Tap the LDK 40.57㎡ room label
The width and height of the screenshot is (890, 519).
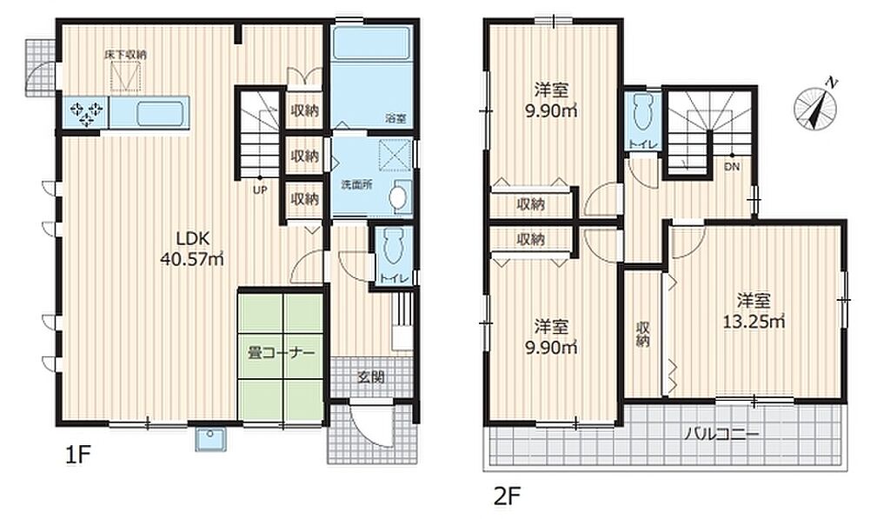click(192, 249)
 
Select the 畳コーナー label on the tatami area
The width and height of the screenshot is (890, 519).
click(281, 353)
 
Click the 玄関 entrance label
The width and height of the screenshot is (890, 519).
click(371, 376)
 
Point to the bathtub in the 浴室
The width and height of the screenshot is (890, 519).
click(371, 43)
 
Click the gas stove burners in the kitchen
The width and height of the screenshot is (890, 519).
click(86, 112)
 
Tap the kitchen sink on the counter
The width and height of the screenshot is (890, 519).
click(161, 113)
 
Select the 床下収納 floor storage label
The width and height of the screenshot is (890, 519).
click(125, 55)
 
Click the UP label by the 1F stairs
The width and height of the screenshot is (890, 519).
click(260, 190)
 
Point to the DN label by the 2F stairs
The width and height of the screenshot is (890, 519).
click(732, 167)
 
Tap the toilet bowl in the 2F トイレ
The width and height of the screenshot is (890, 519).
click(642, 112)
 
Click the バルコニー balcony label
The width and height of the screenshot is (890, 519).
click(721, 435)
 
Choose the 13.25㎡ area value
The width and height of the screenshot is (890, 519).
click(754, 322)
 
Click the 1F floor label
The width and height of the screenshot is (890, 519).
click(77, 455)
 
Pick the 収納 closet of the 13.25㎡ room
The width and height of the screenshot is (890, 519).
click(643, 334)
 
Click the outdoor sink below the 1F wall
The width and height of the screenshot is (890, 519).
click(211, 438)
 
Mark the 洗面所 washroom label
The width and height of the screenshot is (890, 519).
click(356, 185)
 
